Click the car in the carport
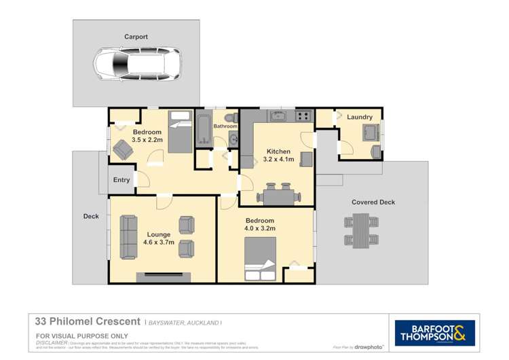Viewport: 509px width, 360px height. [x=136, y=65]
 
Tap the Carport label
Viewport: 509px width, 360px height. [x=136, y=37]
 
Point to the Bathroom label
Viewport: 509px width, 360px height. [x=225, y=126]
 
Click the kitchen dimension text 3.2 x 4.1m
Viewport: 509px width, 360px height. [x=278, y=160]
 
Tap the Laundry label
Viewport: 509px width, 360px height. [x=360, y=117]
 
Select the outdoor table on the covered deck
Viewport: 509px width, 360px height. [x=360, y=230]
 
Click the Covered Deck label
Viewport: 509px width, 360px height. [x=373, y=202]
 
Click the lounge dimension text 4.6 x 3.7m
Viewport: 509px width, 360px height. [x=159, y=242]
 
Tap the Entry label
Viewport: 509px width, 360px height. [x=121, y=180]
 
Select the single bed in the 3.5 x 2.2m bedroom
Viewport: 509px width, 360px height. [x=181, y=132]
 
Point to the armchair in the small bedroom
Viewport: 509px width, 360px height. [x=123, y=149]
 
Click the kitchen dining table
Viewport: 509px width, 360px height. [x=278, y=196]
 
